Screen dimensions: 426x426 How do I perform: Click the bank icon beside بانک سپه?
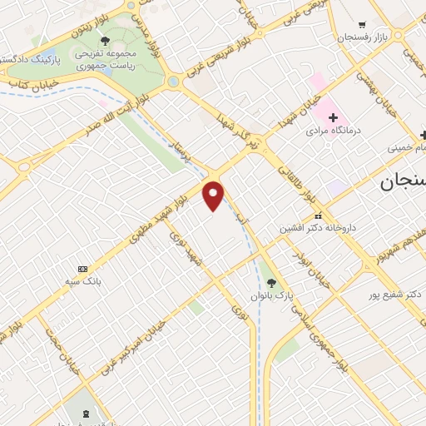[x=82, y=269]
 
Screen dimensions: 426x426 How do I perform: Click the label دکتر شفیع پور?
[x=396, y=295]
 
